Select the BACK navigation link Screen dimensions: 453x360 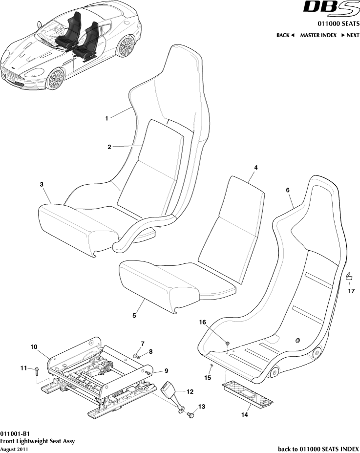[x=285, y=35]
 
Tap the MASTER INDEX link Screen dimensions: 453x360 [x=318, y=35]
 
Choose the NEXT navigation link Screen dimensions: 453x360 [x=350, y=35]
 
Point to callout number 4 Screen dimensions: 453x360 [x=255, y=168]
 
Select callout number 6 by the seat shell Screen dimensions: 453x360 [x=288, y=190]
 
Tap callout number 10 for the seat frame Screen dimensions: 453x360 [x=34, y=347]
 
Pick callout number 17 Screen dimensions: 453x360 [x=351, y=292]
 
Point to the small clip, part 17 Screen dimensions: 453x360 [x=349, y=278]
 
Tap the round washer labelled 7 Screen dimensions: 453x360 [x=135, y=354]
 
